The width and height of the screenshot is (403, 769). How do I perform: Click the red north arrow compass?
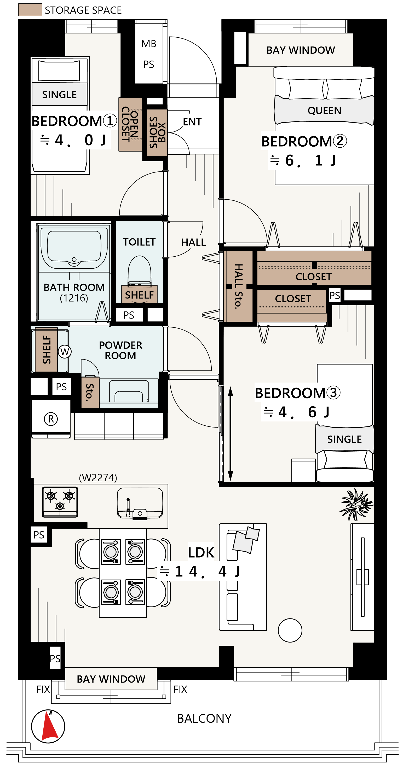click(48, 726)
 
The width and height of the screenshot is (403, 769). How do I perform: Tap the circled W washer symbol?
click(65, 351)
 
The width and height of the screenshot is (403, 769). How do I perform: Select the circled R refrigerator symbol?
click(51, 419)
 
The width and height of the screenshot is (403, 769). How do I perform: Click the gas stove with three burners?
click(60, 502)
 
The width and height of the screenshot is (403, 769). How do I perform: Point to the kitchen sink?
click(140, 504)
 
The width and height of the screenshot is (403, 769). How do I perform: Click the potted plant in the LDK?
click(356, 504)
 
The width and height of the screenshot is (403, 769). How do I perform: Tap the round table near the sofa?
click(290, 630)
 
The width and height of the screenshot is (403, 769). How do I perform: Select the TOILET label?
click(139, 242)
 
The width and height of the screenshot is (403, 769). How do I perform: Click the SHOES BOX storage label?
click(157, 132)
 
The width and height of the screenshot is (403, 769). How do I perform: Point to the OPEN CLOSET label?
click(130, 124)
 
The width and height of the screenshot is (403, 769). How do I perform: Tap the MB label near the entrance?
click(149, 44)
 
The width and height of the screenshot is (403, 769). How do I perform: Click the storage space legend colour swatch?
click(30, 10)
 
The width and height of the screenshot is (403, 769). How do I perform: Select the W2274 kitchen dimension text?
click(98, 477)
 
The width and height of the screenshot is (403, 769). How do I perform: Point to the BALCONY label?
click(204, 718)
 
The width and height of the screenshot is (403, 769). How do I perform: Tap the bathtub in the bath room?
click(74, 248)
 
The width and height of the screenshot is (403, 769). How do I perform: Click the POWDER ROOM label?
click(120, 350)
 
